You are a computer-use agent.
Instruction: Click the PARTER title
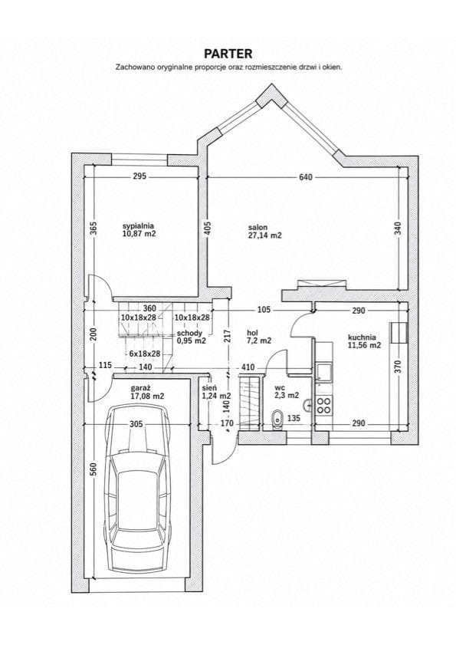[228, 54]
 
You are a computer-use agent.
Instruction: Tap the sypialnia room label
[138, 225]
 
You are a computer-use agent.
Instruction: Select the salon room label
[258, 227]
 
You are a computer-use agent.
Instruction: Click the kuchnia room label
[362, 337]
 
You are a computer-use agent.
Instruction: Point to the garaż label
[140, 388]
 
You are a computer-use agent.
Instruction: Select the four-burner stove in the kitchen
[324, 405]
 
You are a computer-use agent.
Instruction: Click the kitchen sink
[324, 372]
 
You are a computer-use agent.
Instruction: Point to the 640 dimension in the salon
[306, 177]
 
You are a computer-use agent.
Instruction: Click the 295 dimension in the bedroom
[139, 176]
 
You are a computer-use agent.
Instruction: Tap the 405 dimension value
[207, 229]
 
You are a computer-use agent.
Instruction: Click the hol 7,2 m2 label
[259, 337]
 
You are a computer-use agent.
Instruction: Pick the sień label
[207, 388]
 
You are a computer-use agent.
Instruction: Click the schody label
[189, 333]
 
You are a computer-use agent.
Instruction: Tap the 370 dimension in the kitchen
[397, 367]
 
